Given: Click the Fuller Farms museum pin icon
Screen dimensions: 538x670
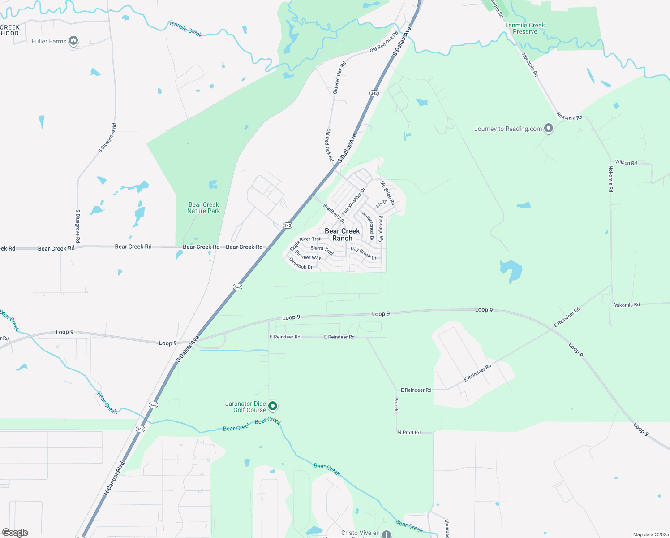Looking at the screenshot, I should [x=74, y=41].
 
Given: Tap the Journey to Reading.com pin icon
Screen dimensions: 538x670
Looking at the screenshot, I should [x=548, y=129].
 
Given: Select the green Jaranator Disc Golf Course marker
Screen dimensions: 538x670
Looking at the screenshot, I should [x=272, y=406].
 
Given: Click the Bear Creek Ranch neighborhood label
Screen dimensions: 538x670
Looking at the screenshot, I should [x=342, y=234].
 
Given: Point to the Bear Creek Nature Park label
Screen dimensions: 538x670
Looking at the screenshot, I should [x=204, y=208].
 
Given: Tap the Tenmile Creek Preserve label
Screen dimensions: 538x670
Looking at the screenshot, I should [x=525, y=28].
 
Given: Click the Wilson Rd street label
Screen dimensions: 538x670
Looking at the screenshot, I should [x=626, y=163].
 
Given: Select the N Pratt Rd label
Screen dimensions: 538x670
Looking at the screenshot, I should [x=409, y=433].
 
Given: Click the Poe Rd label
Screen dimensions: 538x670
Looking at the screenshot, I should [x=396, y=404].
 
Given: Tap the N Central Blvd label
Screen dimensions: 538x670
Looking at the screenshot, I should [x=114, y=478].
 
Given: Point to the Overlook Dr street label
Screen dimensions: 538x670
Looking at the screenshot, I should [x=301, y=264].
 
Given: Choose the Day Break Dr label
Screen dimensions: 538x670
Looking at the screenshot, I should [x=364, y=253].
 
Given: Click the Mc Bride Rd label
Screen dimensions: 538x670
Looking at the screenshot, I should [x=388, y=193].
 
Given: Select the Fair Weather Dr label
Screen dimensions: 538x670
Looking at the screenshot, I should [x=354, y=201].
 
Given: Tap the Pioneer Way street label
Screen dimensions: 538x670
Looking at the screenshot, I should [x=308, y=255].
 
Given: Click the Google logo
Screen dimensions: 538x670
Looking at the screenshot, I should [x=15, y=533].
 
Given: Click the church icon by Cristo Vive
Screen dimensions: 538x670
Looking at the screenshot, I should [x=387, y=534].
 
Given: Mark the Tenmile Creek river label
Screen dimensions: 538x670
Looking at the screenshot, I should [x=185, y=29].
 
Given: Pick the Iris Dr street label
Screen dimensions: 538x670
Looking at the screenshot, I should [x=382, y=203].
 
